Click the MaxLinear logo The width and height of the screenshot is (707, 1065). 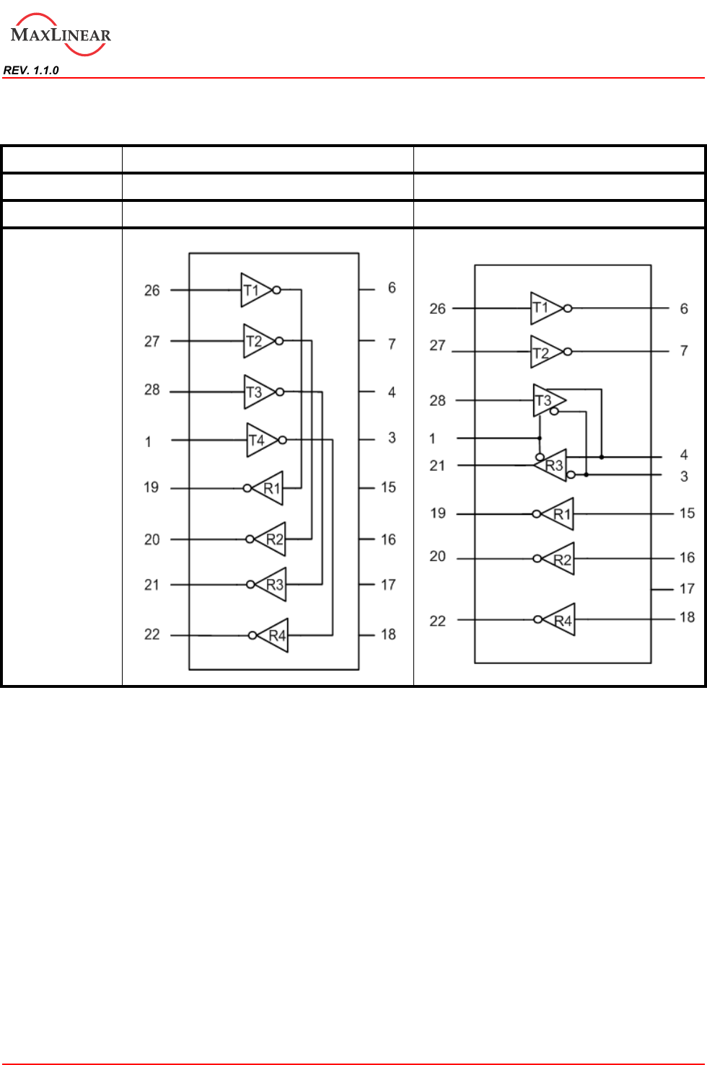pyautogui.click(x=61, y=35)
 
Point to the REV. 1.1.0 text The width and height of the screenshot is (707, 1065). pyautogui.click(x=31, y=70)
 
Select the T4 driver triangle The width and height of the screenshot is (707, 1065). pyautogui.click(x=260, y=440)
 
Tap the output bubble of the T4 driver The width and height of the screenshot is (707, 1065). pyautogui.click(x=283, y=440)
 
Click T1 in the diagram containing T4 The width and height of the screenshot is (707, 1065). pyautogui.click(x=254, y=290)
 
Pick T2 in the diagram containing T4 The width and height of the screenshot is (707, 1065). pyautogui.click(x=257, y=341)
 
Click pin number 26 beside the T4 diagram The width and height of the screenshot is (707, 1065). pyautogui.click(x=151, y=291)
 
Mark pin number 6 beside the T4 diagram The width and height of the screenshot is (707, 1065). pyautogui.click(x=392, y=288)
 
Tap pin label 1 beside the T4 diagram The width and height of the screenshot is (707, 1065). pyautogui.click(x=148, y=441)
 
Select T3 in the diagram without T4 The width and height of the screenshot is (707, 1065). pyautogui.click(x=546, y=400)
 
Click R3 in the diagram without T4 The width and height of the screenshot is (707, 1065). pyautogui.click(x=553, y=465)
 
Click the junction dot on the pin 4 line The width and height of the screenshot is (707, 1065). pyautogui.click(x=602, y=457)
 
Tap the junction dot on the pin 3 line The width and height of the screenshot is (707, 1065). pyautogui.click(x=586, y=474)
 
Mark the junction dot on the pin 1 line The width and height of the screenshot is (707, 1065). pyautogui.click(x=540, y=438)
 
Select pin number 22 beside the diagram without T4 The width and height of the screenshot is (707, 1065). pyautogui.click(x=437, y=621)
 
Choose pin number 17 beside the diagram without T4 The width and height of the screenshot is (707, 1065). pyautogui.click(x=687, y=588)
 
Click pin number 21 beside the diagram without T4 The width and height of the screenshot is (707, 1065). pyautogui.click(x=437, y=466)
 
